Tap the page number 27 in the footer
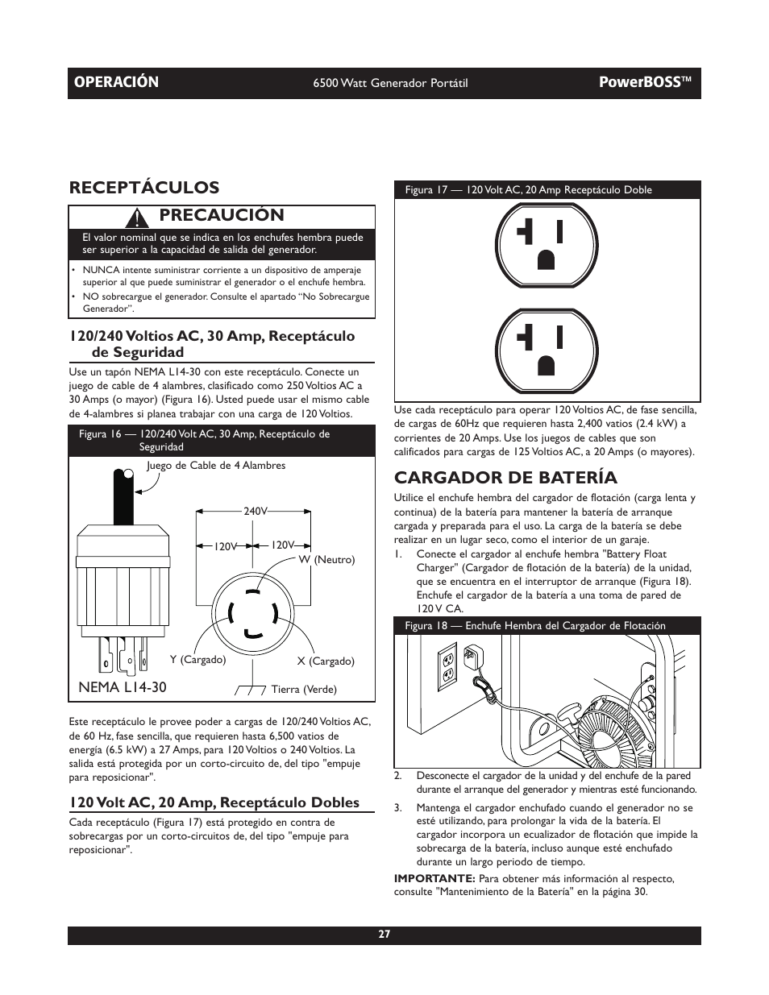click(384, 935)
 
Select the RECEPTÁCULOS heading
click(144, 187)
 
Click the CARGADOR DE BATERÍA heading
click(505, 477)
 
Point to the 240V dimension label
click(255, 511)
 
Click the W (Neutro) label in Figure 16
click(326, 559)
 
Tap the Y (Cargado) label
click(197, 659)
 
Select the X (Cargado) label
click(326, 661)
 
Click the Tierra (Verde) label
click(303, 689)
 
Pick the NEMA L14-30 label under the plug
click(123, 686)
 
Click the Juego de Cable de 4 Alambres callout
click(215, 466)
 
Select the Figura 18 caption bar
click(547, 625)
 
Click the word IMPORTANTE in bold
click(434, 878)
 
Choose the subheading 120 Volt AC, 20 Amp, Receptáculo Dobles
click(214, 802)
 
